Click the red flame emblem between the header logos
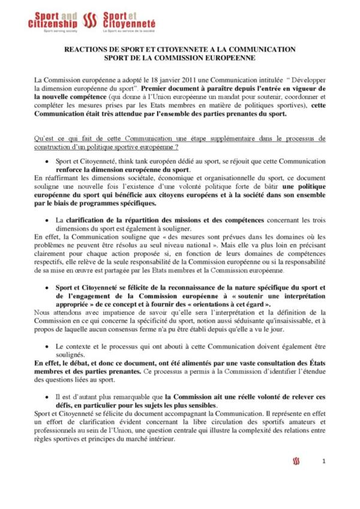point(90,20)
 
